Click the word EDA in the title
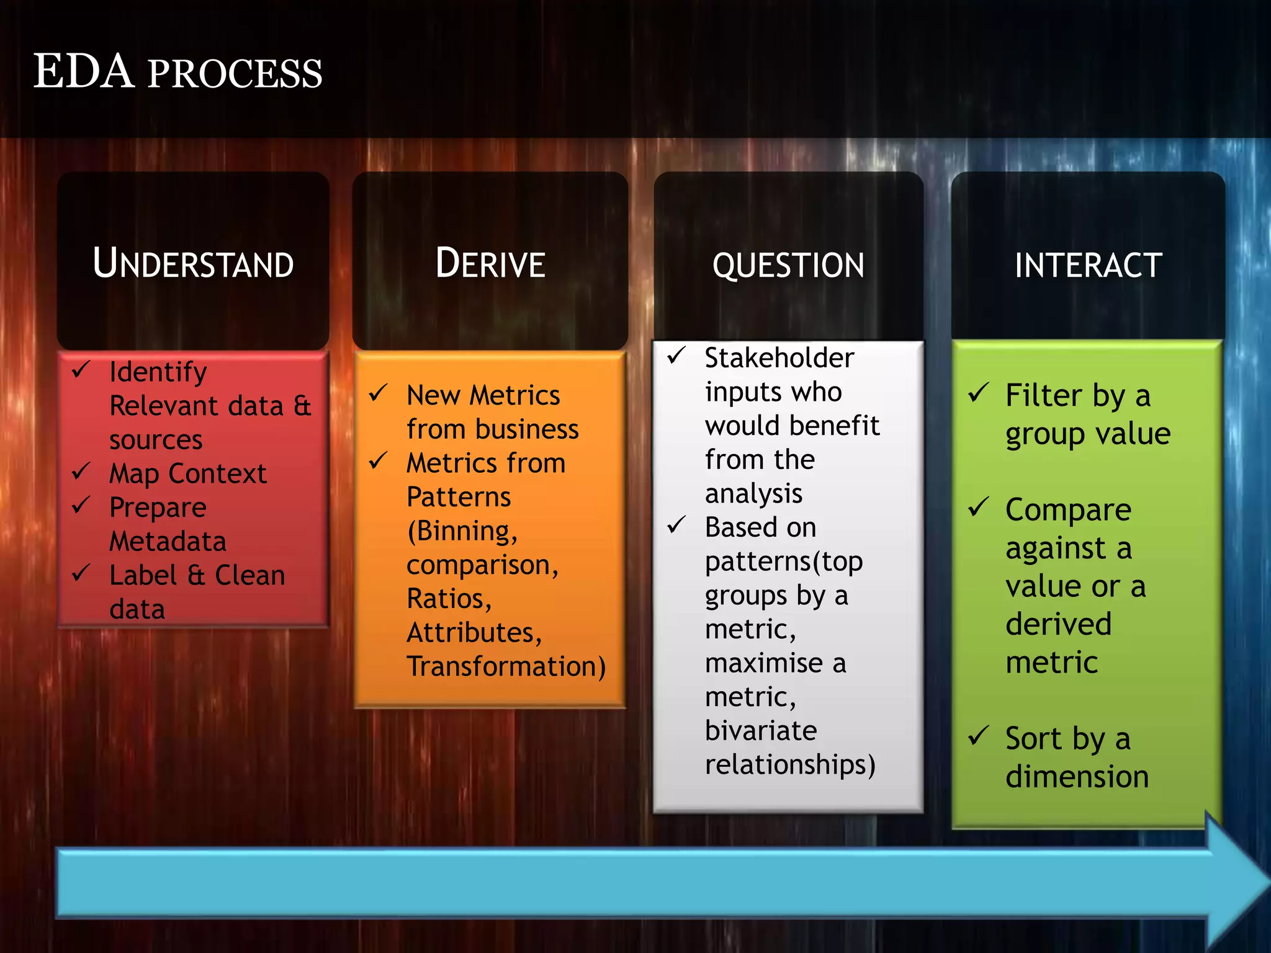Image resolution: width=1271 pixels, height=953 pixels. point(84,72)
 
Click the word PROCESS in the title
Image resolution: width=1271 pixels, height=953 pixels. point(235,74)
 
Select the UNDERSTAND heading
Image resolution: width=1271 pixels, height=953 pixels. point(193,264)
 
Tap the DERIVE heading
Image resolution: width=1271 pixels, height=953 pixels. point(490,264)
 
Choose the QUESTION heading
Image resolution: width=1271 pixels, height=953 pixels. point(788,266)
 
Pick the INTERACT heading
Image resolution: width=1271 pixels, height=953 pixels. point(1088,266)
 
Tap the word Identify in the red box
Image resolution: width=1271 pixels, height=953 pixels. point(158,372)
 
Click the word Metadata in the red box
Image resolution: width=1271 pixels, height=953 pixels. point(168,542)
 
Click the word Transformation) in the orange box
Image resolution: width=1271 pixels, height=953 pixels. point(506,667)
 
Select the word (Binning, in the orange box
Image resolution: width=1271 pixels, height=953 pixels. point(462,531)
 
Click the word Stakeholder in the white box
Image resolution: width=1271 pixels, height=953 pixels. point(779,358)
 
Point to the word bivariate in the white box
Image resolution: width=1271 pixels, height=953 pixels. point(760,731)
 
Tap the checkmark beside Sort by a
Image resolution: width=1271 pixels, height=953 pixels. point(978,736)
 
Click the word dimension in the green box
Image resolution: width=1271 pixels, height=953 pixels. point(1077,777)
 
